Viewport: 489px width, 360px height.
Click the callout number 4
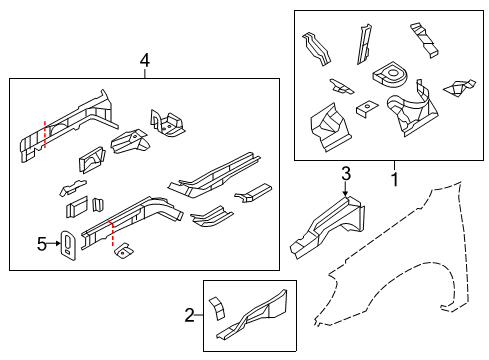pyautogui.click(x=145, y=62)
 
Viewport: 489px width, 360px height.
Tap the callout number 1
pyautogui.click(x=393, y=180)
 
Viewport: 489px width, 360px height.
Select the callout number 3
pyautogui.click(x=346, y=174)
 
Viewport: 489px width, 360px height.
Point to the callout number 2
pyautogui.click(x=189, y=317)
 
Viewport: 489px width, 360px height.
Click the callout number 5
pyautogui.click(x=42, y=242)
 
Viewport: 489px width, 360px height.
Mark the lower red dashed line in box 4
pyautogui.click(x=113, y=236)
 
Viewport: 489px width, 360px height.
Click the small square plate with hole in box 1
pyautogui.click(x=367, y=107)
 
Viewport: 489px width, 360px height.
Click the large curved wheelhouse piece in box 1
pyautogui.click(x=411, y=110)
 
